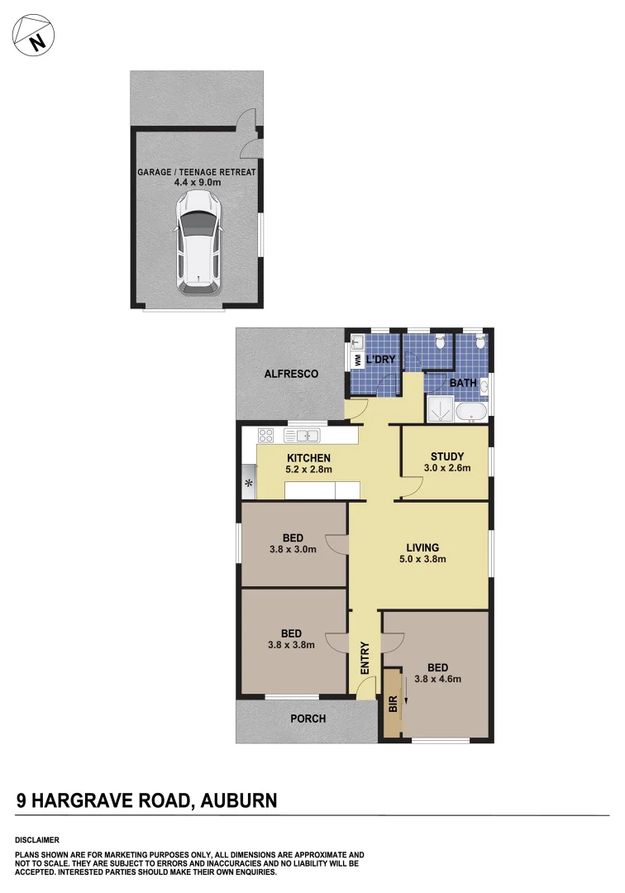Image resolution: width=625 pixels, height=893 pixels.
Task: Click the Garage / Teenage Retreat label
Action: (197, 172)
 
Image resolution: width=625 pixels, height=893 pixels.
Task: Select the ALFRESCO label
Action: (291, 374)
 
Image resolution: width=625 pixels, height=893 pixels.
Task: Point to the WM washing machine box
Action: (357, 360)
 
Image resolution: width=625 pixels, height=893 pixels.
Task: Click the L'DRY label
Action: (380, 360)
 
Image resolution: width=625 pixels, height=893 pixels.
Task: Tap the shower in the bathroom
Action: (440, 409)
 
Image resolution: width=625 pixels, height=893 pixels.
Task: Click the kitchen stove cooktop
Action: (266, 436)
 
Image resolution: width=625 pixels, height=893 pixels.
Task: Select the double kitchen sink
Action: (302, 436)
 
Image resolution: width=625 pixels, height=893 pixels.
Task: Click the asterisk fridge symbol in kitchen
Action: (249, 482)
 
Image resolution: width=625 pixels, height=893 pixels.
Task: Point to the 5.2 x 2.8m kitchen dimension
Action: (308, 470)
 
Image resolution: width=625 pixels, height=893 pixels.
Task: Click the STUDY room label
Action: (447, 456)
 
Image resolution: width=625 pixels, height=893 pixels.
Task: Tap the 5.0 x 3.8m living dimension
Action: (422, 559)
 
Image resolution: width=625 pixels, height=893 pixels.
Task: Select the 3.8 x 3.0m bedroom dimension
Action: (293, 549)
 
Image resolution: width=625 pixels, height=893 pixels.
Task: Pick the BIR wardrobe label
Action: (393, 705)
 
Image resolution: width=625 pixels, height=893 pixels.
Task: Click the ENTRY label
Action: (365, 658)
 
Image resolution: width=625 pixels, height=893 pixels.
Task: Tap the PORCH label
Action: (308, 719)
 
